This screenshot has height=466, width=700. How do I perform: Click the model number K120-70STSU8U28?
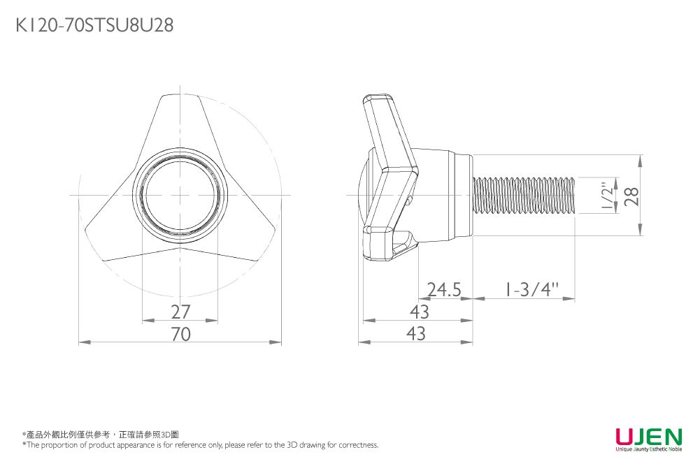coord(94,26)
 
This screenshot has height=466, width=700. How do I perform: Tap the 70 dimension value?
coord(180,334)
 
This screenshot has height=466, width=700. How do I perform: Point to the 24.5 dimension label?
coord(444,289)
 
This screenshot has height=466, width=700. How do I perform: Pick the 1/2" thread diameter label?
coord(608,196)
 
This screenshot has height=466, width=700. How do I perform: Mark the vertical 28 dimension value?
coord(632,196)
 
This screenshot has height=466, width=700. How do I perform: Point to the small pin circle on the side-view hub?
coord(408,201)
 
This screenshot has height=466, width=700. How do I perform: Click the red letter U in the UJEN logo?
coord(625,437)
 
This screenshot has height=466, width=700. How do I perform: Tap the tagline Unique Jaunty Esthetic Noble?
coord(648,450)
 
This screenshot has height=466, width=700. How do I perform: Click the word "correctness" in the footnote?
coord(358,445)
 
